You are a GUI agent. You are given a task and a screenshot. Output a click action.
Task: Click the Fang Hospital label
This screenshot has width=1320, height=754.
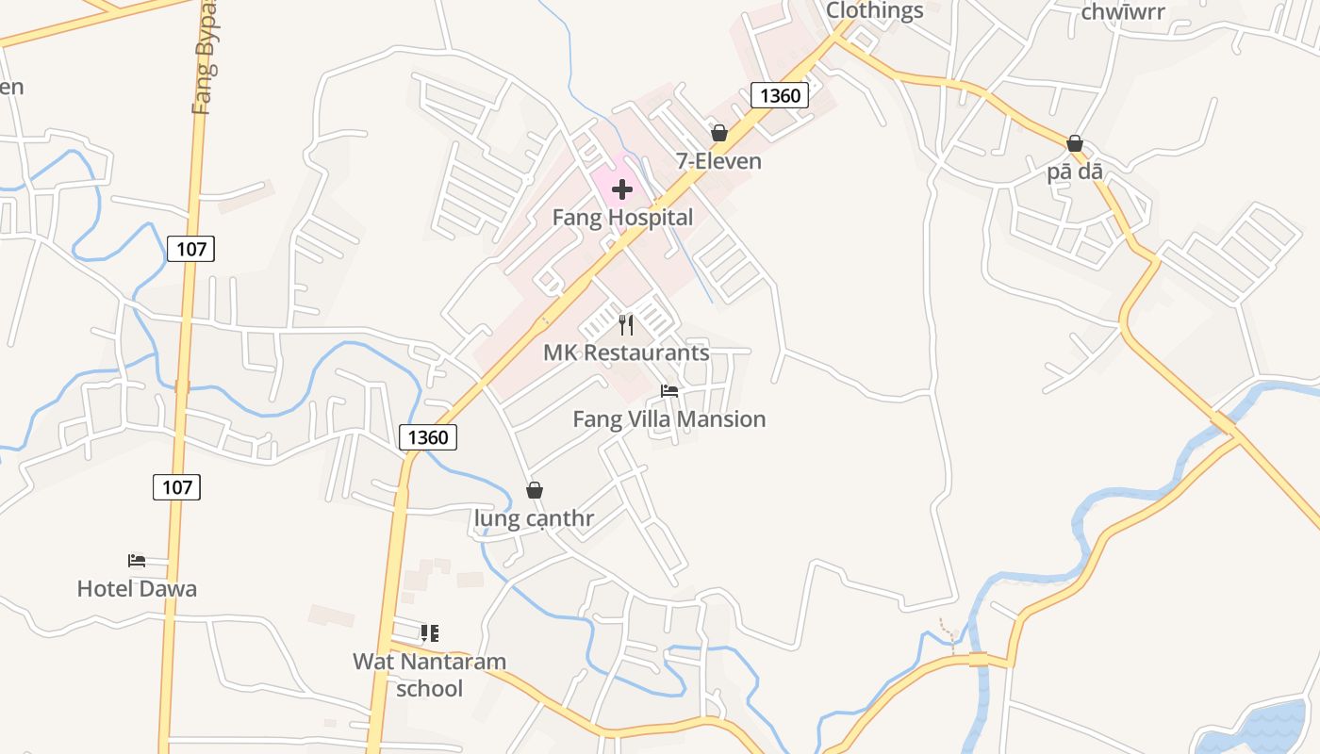click(622, 218)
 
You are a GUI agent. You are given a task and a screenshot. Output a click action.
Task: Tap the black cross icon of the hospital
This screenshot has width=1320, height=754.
click(622, 189)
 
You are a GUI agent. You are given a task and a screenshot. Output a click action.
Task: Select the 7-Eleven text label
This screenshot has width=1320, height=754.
click(718, 161)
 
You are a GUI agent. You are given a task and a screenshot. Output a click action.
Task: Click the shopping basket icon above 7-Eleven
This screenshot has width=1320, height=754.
click(719, 133)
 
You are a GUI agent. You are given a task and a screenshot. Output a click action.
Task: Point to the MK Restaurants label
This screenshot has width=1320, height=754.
click(626, 352)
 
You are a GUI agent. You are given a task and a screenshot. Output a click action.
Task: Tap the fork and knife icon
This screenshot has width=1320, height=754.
click(626, 325)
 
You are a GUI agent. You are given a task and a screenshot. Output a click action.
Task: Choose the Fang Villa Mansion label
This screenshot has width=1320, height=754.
click(669, 418)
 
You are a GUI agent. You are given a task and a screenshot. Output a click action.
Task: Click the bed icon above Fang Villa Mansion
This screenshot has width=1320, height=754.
click(669, 390)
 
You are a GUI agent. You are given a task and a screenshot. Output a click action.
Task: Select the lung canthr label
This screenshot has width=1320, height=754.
click(534, 518)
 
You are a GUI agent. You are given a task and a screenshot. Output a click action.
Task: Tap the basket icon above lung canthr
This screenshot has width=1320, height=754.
click(535, 490)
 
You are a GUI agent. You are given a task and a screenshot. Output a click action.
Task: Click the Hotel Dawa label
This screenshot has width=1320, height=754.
click(137, 589)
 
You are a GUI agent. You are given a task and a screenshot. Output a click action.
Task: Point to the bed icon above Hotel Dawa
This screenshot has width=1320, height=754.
click(137, 561)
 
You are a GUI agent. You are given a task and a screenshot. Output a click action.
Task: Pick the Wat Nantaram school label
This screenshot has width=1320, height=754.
click(429, 675)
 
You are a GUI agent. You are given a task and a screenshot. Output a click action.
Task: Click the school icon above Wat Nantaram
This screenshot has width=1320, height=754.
click(430, 632)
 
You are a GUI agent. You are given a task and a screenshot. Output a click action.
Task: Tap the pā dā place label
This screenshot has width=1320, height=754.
click(1075, 172)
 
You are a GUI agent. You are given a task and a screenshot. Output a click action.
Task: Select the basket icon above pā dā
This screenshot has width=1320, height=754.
click(1075, 143)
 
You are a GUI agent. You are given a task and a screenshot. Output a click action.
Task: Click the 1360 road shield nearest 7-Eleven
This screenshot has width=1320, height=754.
click(780, 95)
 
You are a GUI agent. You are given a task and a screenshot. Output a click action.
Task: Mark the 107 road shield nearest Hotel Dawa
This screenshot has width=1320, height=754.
click(176, 486)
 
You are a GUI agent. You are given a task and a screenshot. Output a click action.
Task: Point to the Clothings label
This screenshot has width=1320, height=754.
click(874, 10)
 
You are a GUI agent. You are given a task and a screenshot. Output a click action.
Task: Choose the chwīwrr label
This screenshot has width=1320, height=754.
click(1123, 12)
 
